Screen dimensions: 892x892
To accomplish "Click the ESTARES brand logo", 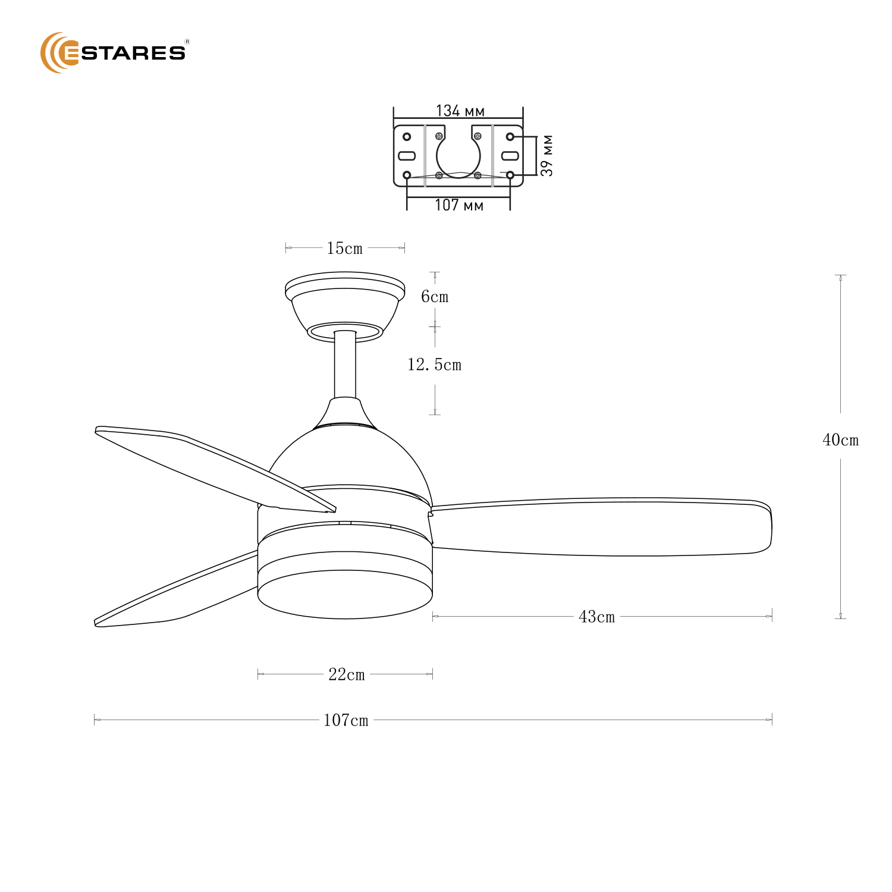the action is pyautogui.click(x=114, y=52).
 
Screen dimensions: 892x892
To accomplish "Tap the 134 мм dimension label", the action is pyautogui.click(x=460, y=111).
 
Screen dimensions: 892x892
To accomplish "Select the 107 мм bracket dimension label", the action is pyautogui.click(x=458, y=206).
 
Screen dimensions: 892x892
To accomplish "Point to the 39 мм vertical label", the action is pyautogui.click(x=547, y=155).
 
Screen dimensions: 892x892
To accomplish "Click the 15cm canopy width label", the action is pyautogui.click(x=345, y=249).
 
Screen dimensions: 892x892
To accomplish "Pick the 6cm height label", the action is pyautogui.click(x=435, y=297).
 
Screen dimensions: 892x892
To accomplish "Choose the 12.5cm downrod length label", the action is pyautogui.click(x=434, y=365).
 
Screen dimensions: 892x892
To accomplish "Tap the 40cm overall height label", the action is pyautogui.click(x=840, y=440).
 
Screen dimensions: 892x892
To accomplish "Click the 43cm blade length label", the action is pyautogui.click(x=596, y=617).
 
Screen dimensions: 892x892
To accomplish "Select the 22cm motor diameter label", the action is pyautogui.click(x=347, y=674).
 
